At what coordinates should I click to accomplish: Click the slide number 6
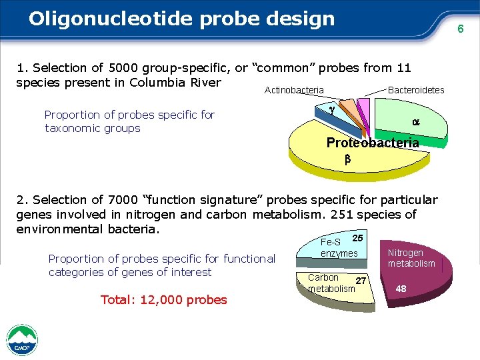(x=460, y=29)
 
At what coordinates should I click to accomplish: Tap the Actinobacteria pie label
(x=294, y=90)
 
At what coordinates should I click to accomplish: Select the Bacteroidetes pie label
(x=416, y=90)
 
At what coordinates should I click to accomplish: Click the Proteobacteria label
(x=373, y=143)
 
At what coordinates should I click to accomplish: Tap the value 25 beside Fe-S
(x=357, y=238)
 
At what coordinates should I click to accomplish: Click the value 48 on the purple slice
(x=401, y=289)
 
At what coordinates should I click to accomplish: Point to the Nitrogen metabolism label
(x=411, y=258)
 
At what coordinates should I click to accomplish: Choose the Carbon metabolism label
(x=331, y=283)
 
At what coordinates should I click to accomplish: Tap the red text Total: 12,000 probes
(x=163, y=299)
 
